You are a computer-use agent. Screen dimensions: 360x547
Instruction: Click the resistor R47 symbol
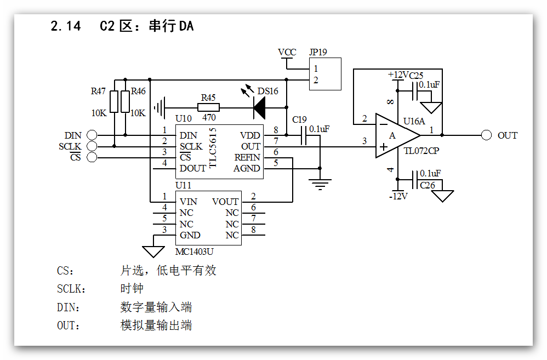pos(114,102)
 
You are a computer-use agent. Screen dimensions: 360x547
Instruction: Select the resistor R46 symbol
pos(126,102)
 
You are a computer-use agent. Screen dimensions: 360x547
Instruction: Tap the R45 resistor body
pos(208,107)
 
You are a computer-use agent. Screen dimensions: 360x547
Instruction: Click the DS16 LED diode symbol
pos(259,107)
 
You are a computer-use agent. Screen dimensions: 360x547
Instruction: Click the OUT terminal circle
pos(486,135)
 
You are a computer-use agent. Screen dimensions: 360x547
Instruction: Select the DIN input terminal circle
pos(92,135)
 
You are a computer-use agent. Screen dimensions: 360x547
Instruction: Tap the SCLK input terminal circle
pos(92,146)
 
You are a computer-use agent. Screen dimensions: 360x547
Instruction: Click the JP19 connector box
pos(324,74)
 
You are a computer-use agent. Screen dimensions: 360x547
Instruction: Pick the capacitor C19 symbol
pos(304,135)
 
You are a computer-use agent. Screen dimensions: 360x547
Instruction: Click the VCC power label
pos(287,53)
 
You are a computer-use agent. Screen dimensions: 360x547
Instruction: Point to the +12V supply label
pos(398,75)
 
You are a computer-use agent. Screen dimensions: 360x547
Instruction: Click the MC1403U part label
pos(195,252)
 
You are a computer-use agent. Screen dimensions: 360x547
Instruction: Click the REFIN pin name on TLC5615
pos(247,157)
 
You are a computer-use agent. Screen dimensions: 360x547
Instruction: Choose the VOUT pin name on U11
pos(225,202)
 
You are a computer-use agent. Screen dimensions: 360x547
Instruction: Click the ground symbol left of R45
pos(160,107)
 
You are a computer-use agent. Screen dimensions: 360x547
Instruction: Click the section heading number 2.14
pos(65,26)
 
